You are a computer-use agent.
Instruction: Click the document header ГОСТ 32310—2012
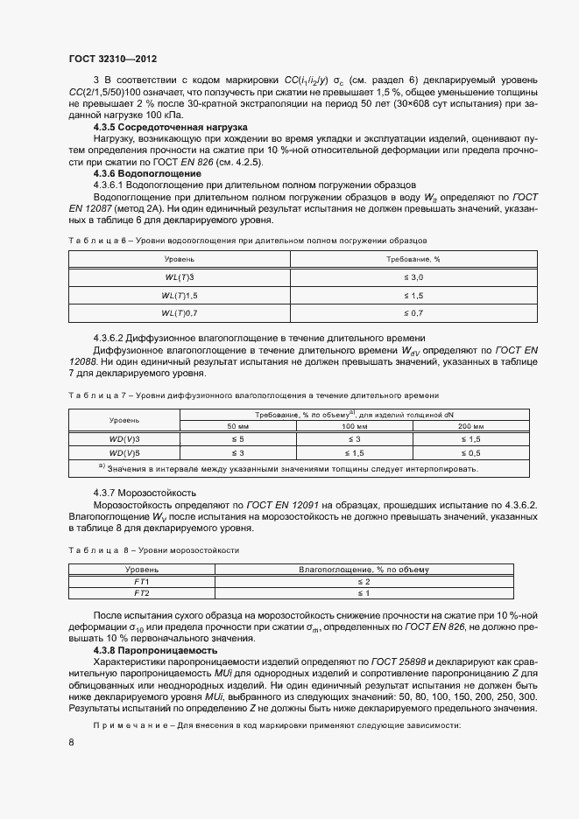[x=113, y=59]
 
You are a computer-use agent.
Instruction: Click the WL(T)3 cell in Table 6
[x=180, y=276]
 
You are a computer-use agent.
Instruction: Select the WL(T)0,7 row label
[x=180, y=312]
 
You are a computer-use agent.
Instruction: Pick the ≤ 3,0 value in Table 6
[x=413, y=276]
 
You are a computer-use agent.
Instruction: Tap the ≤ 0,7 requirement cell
[x=413, y=312]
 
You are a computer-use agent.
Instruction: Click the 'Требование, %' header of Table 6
[x=413, y=260]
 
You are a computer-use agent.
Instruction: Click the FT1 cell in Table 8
[x=142, y=581]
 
